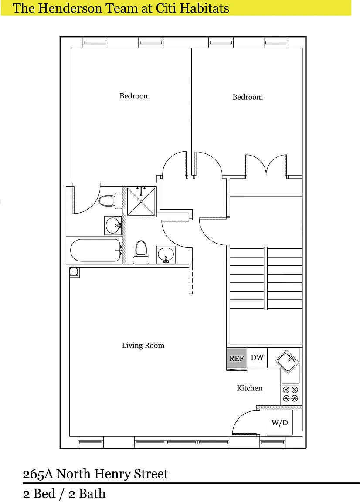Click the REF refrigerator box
pos(237,359)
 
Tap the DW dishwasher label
pos(257,357)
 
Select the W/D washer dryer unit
pos(280,422)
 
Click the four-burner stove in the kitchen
pos(290,394)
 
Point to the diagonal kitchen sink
pos(288,362)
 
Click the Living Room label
pos(143,346)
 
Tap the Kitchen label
pos(249,388)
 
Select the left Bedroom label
pos(135,96)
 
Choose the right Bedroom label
pos(248,97)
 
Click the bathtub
pos(95,251)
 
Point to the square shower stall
pos(141,201)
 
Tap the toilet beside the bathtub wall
pos(141,252)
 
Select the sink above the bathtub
pos(113,225)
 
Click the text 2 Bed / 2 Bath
pos(64,493)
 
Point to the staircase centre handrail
pos(265,278)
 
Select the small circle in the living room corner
pos(74,272)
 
